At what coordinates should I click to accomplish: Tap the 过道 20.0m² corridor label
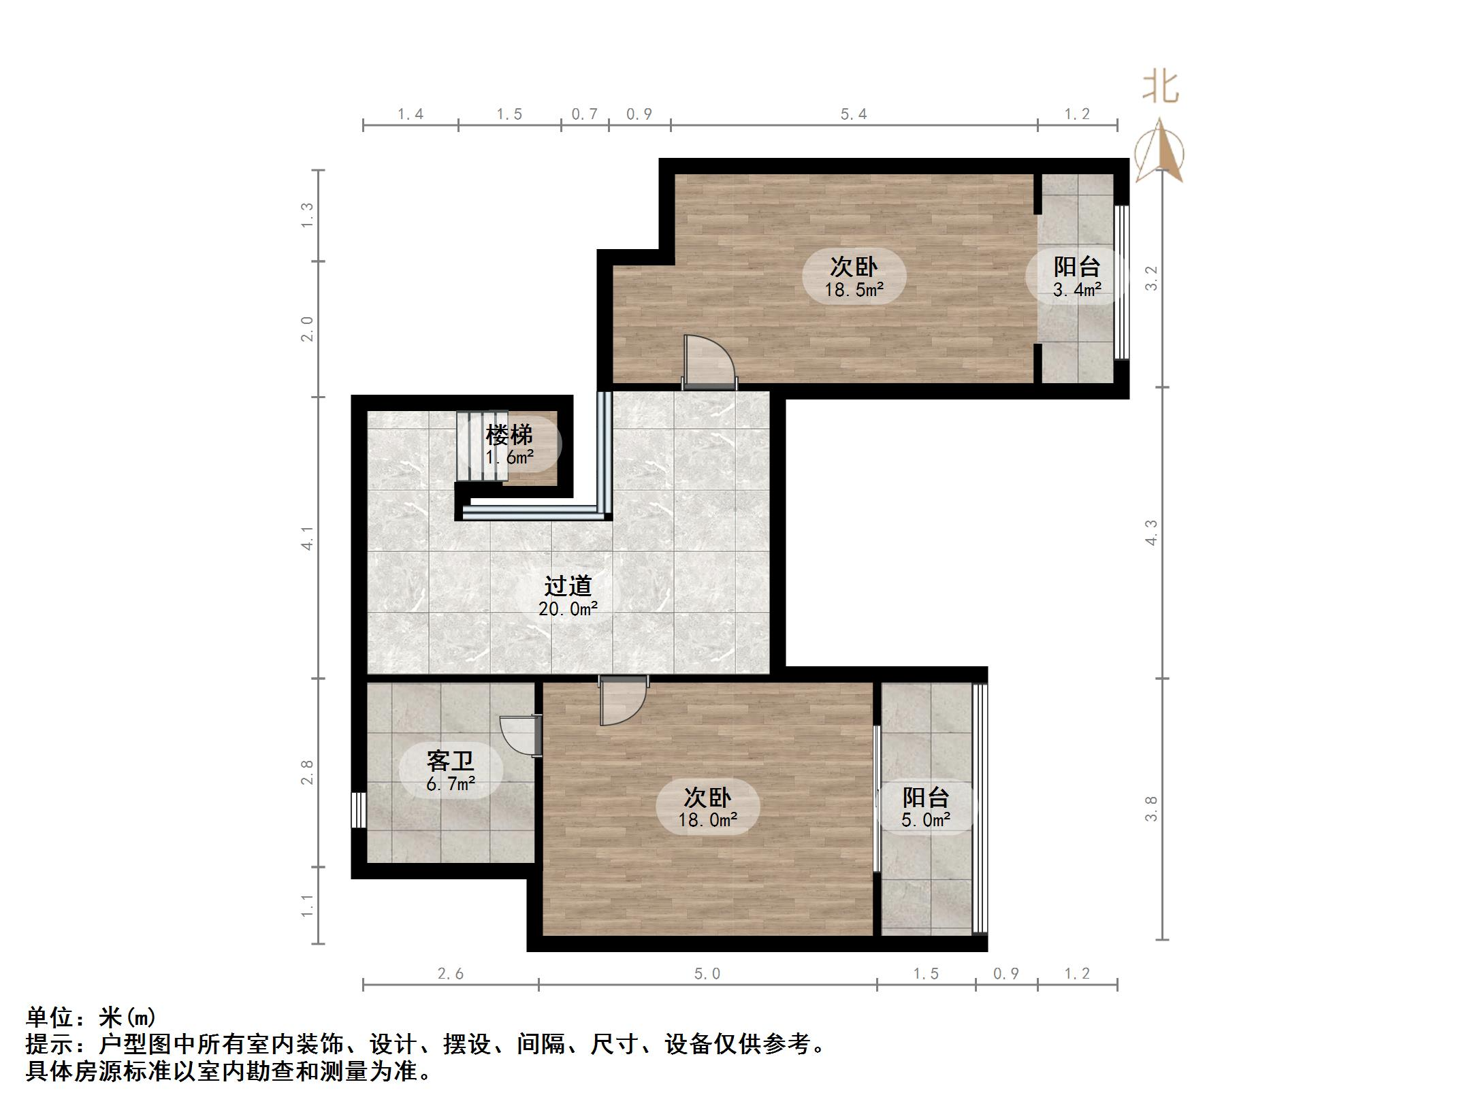568,596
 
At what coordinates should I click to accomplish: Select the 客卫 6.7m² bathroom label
451,771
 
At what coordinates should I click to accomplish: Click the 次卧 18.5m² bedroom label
854,277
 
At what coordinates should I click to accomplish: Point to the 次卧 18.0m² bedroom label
707,808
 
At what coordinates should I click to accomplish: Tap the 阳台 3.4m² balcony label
1076,277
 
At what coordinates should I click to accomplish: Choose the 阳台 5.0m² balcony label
925,808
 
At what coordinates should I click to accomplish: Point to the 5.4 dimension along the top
853,114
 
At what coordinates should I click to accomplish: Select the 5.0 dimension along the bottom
707,974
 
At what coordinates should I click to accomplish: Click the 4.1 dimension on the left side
308,538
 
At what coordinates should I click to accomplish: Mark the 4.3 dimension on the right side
1151,532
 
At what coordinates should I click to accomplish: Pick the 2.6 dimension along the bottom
450,974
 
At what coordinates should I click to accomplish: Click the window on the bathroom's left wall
359,810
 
